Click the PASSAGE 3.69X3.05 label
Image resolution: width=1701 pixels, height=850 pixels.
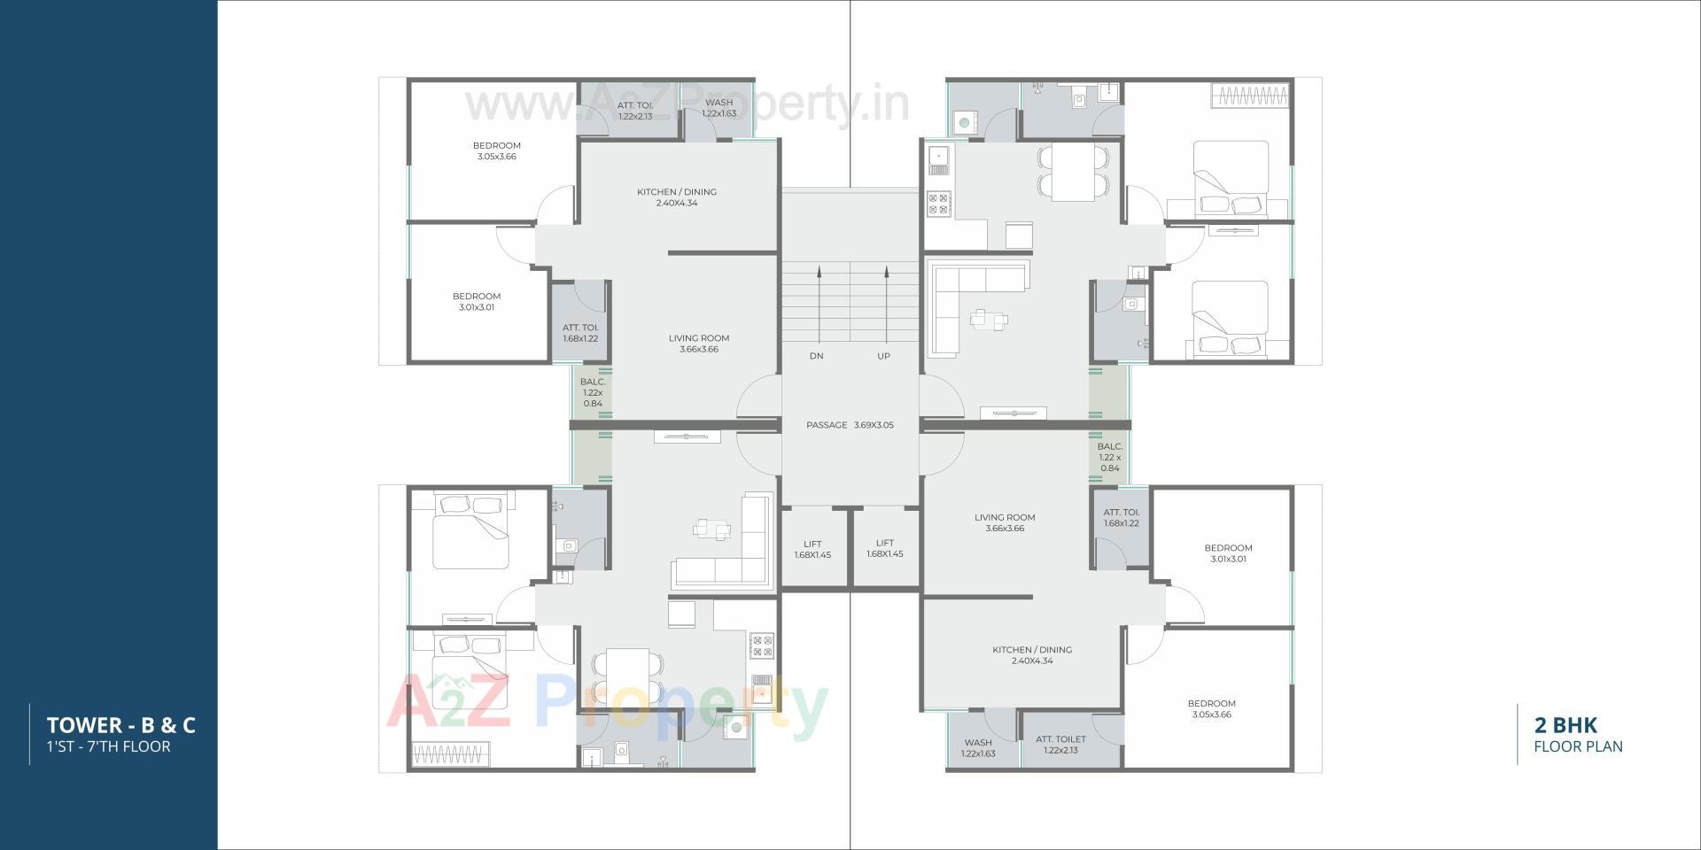tap(850, 425)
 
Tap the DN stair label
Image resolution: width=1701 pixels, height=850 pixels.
tap(816, 356)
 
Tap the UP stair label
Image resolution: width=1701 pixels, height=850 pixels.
tap(883, 356)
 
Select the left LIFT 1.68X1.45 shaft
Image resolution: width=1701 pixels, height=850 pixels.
tap(812, 549)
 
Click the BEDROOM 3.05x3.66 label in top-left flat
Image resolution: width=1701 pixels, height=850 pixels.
tap(496, 151)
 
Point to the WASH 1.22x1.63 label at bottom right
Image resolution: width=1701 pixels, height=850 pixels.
tap(978, 748)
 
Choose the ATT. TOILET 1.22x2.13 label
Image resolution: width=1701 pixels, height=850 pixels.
tap(1060, 745)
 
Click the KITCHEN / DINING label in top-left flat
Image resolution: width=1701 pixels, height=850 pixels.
tap(677, 197)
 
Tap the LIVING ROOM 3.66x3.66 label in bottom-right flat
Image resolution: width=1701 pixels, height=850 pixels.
tap(1005, 522)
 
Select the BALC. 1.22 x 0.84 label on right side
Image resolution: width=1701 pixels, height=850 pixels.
tap(1110, 457)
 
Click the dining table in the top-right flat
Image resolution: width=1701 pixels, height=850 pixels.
tap(1073, 172)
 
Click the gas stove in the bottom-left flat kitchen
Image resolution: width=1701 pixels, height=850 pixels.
tap(761, 646)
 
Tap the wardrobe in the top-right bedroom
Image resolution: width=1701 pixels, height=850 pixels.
tap(1249, 96)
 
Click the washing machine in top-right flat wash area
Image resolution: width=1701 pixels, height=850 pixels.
tap(964, 121)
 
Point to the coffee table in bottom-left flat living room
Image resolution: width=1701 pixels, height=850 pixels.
tap(712, 529)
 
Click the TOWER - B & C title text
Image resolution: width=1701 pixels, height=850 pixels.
tap(121, 725)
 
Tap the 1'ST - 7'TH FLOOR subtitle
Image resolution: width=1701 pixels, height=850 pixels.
tap(109, 746)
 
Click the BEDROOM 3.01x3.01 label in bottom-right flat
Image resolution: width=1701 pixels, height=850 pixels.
tap(1228, 553)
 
